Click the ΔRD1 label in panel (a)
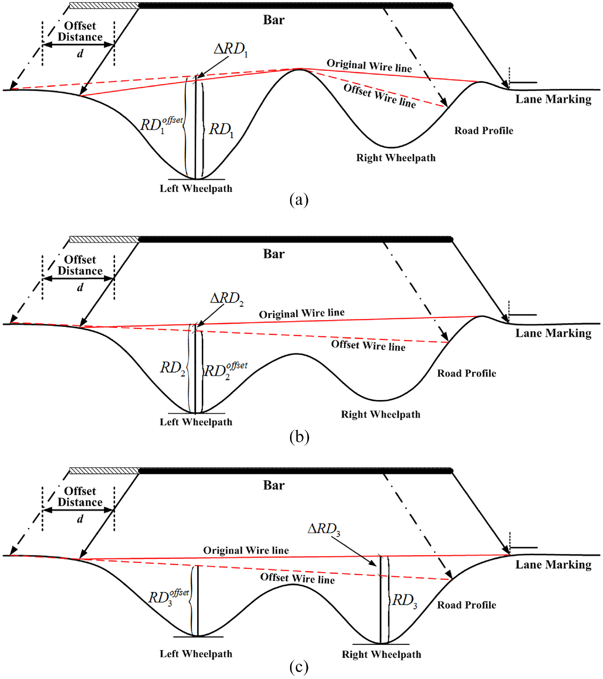click(231, 50)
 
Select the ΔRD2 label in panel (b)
click(227, 299)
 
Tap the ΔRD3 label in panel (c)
click(324, 529)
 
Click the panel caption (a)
click(299, 199)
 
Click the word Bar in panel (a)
click(274, 20)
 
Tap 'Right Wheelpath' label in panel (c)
click(382, 654)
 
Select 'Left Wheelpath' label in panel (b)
click(196, 422)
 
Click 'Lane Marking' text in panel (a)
click(553, 99)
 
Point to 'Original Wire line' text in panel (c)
click(246, 550)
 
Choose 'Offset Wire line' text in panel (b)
click(368, 345)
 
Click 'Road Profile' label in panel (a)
click(484, 131)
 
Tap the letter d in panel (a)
click(80, 53)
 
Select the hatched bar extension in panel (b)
click(104, 239)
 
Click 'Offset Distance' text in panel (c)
click(80, 496)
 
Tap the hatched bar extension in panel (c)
click(104, 471)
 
